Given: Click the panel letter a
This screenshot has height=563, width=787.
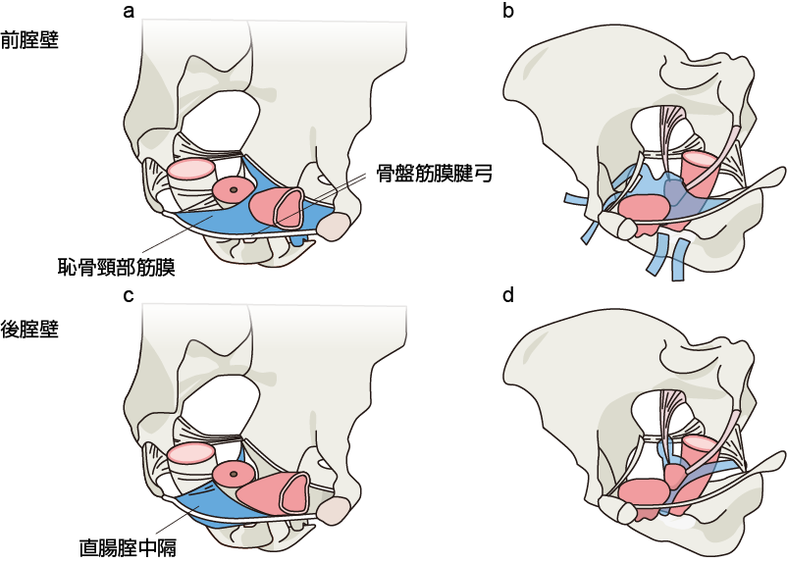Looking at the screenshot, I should (x=129, y=13).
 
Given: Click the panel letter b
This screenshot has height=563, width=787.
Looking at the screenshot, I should (x=507, y=13).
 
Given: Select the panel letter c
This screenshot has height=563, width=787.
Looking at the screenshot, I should (x=129, y=294).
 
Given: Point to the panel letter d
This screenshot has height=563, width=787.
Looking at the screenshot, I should (x=507, y=294).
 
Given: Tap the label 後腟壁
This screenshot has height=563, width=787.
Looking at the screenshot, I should (x=30, y=329).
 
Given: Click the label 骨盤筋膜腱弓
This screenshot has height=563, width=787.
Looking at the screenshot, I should (x=433, y=174).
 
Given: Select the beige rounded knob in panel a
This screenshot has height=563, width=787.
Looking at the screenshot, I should (x=335, y=228).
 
